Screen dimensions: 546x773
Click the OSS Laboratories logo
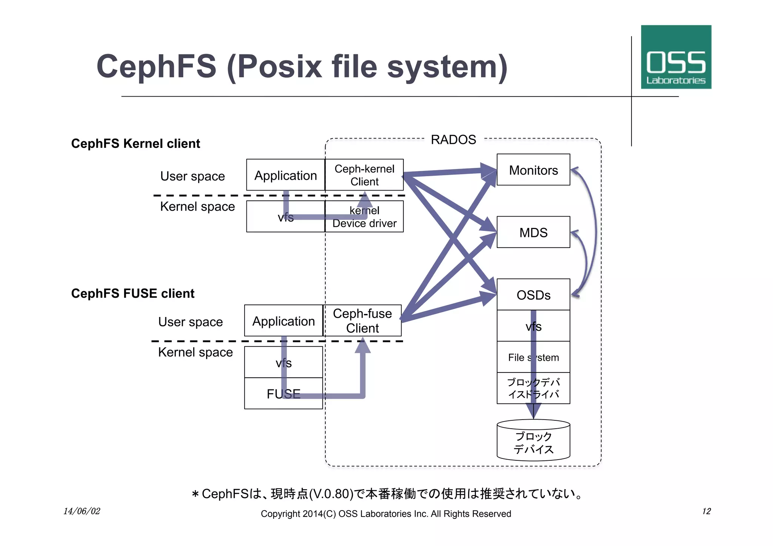click(676, 57)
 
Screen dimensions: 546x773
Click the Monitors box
click(533, 170)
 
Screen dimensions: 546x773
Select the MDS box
click(533, 232)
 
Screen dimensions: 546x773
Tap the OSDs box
click(533, 295)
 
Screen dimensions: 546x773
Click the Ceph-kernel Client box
click(364, 175)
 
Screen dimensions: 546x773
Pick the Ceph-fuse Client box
click(362, 320)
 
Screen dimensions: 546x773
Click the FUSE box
click(283, 394)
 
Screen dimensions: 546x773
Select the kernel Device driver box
click(364, 217)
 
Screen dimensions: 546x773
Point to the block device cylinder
click(533, 441)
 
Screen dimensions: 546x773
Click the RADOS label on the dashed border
click(453, 140)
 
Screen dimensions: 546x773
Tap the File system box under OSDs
click(533, 357)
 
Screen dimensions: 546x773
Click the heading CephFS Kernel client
click(136, 144)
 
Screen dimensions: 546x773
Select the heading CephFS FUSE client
click(132, 294)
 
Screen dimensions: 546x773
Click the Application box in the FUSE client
click(283, 321)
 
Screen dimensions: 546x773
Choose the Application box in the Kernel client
click(285, 175)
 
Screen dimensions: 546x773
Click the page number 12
click(706, 511)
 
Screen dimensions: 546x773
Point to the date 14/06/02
click(82, 511)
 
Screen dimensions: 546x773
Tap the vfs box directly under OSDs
click(533, 326)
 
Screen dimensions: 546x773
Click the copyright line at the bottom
click(386, 514)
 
